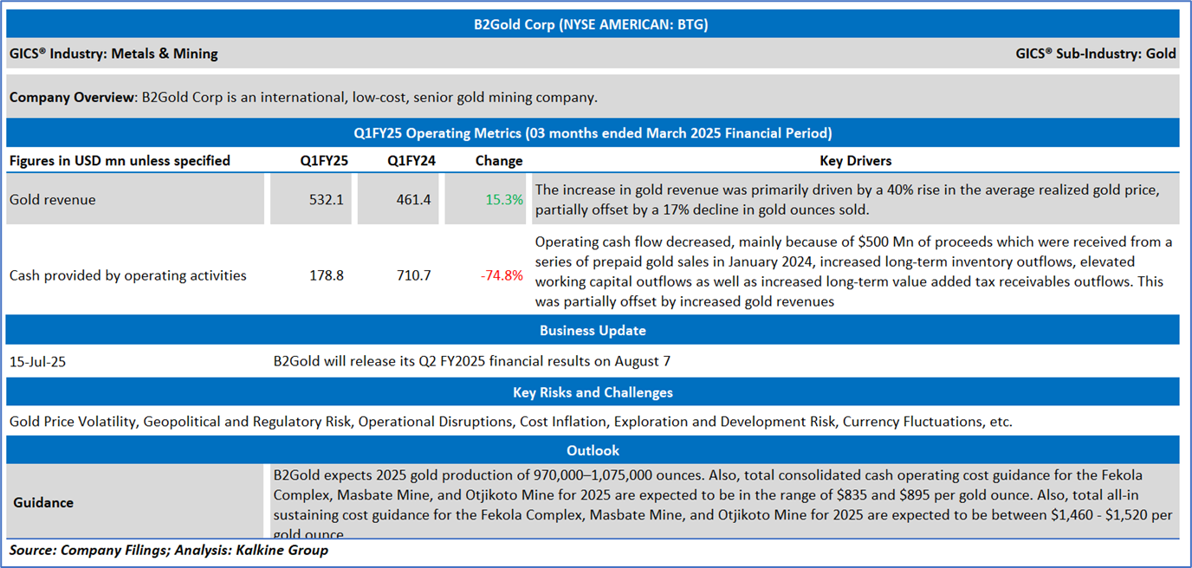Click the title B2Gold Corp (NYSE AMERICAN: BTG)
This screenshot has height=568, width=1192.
(x=592, y=24)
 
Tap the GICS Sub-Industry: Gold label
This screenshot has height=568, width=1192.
(x=1095, y=54)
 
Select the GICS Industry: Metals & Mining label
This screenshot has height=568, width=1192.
(x=113, y=54)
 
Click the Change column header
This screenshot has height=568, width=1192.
(x=499, y=160)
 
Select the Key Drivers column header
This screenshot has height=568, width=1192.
(x=855, y=160)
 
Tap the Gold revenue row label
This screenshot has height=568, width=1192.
(x=53, y=200)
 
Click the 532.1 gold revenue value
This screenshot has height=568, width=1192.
(x=327, y=200)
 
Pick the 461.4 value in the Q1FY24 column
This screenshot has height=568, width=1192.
(x=414, y=200)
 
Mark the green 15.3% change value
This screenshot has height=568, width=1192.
(x=504, y=200)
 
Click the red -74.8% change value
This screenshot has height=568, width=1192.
(x=502, y=275)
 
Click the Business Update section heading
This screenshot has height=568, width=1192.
(x=593, y=331)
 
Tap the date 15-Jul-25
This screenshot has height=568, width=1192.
(x=37, y=362)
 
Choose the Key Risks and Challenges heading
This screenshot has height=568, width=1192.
(x=593, y=392)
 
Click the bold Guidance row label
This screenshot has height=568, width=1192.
(x=43, y=502)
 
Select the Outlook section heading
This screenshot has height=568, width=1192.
(x=593, y=450)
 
